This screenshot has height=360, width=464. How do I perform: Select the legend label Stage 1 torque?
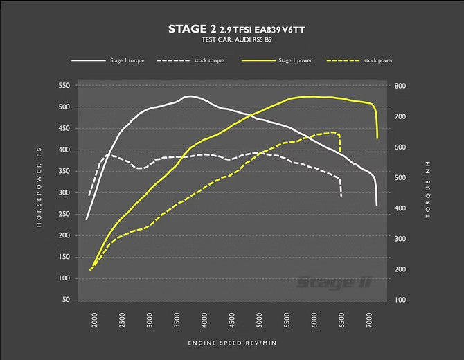(x=127, y=60)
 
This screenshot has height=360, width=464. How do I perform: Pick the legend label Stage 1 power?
(x=296, y=60)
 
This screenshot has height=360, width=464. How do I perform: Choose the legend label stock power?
(x=379, y=60)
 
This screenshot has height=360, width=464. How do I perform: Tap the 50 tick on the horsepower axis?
(x=66, y=300)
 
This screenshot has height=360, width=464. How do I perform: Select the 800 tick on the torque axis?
(x=400, y=86)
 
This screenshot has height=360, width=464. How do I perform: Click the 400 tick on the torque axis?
(x=400, y=208)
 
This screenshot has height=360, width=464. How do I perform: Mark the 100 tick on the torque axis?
(x=400, y=300)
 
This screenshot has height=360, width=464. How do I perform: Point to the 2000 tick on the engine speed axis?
(x=96, y=322)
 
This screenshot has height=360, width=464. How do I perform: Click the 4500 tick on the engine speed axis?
(x=232, y=322)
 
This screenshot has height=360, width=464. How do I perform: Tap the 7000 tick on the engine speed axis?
(x=368, y=322)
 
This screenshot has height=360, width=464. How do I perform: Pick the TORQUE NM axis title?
(x=428, y=192)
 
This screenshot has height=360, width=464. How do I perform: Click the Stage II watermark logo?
(x=334, y=281)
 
